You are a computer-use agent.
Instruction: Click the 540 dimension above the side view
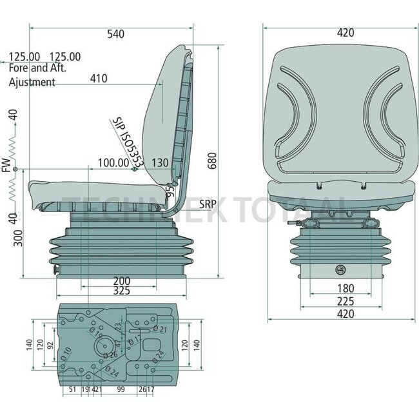tap(115, 34)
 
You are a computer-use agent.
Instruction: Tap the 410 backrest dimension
tap(98, 79)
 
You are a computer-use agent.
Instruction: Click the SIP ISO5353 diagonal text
tap(125, 141)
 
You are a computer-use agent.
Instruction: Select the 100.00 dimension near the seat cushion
tap(113, 162)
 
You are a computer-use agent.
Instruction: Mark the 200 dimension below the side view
tap(121, 281)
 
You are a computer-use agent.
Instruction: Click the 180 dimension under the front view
tap(347, 287)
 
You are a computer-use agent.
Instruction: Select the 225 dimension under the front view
tap(347, 300)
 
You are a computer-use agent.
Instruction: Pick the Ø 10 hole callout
tap(66, 351)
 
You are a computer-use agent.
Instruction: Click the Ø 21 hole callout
tap(162, 330)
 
